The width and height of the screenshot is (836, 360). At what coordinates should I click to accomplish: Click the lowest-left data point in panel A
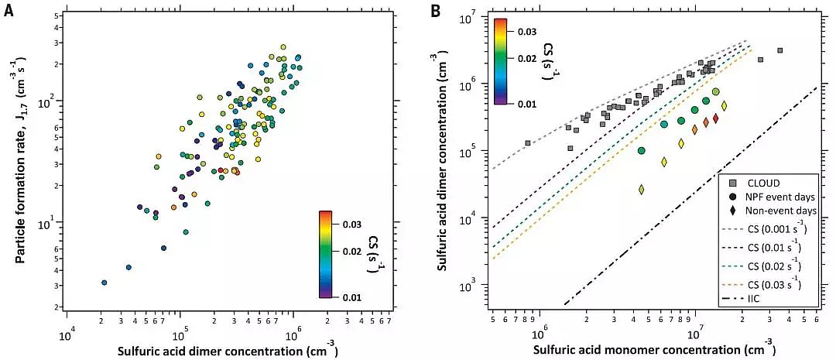pyautogui.click(x=104, y=283)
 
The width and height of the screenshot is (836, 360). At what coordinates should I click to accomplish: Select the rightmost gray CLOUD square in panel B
pyautogui.click(x=779, y=51)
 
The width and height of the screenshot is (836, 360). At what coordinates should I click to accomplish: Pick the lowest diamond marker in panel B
pyautogui.click(x=642, y=189)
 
